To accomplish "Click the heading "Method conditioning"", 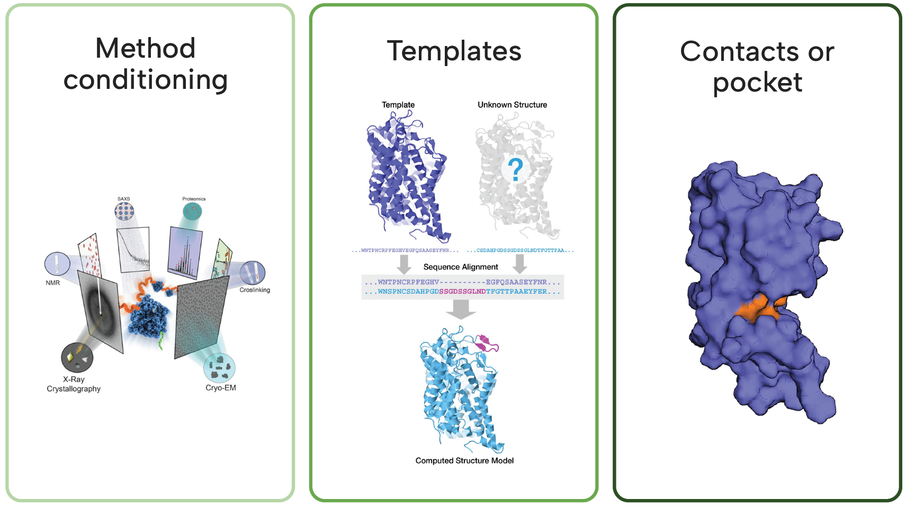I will [x=146, y=64].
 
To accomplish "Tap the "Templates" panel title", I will [x=454, y=51].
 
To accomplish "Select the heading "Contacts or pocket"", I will [x=757, y=67].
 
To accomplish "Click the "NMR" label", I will [x=53, y=283].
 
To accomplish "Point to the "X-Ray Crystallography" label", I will [x=74, y=384].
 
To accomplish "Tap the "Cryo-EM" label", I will [x=221, y=388].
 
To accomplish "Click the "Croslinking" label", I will [x=255, y=290].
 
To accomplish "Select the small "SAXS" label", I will [x=124, y=199].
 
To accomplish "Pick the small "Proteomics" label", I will [x=194, y=199].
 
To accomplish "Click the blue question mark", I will [x=515, y=170].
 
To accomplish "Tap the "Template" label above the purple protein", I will [x=398, y=105].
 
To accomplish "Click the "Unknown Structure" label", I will [x=512, y=105].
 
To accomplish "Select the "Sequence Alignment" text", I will [x=461, y=267].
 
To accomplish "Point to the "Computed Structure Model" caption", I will [x=464, y=461].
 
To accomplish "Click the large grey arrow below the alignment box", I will [x=461, y=309].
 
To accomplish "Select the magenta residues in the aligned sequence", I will [x=462, y=292].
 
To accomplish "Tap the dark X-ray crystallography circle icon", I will [x=77, y=358].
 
